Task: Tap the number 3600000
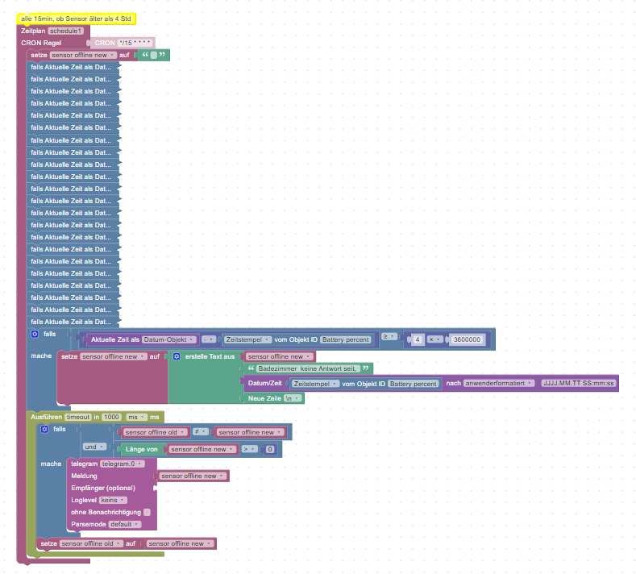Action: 468,339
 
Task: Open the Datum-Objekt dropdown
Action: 170,339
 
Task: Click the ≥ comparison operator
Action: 388,336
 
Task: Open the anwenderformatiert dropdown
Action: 500,384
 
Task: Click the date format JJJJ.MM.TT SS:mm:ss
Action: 579,384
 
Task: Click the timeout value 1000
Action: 111,417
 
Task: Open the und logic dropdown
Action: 94,447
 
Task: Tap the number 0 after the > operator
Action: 270,449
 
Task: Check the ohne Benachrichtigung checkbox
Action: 147,512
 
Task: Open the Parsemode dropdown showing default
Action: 125,524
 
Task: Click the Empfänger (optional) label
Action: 103,488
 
